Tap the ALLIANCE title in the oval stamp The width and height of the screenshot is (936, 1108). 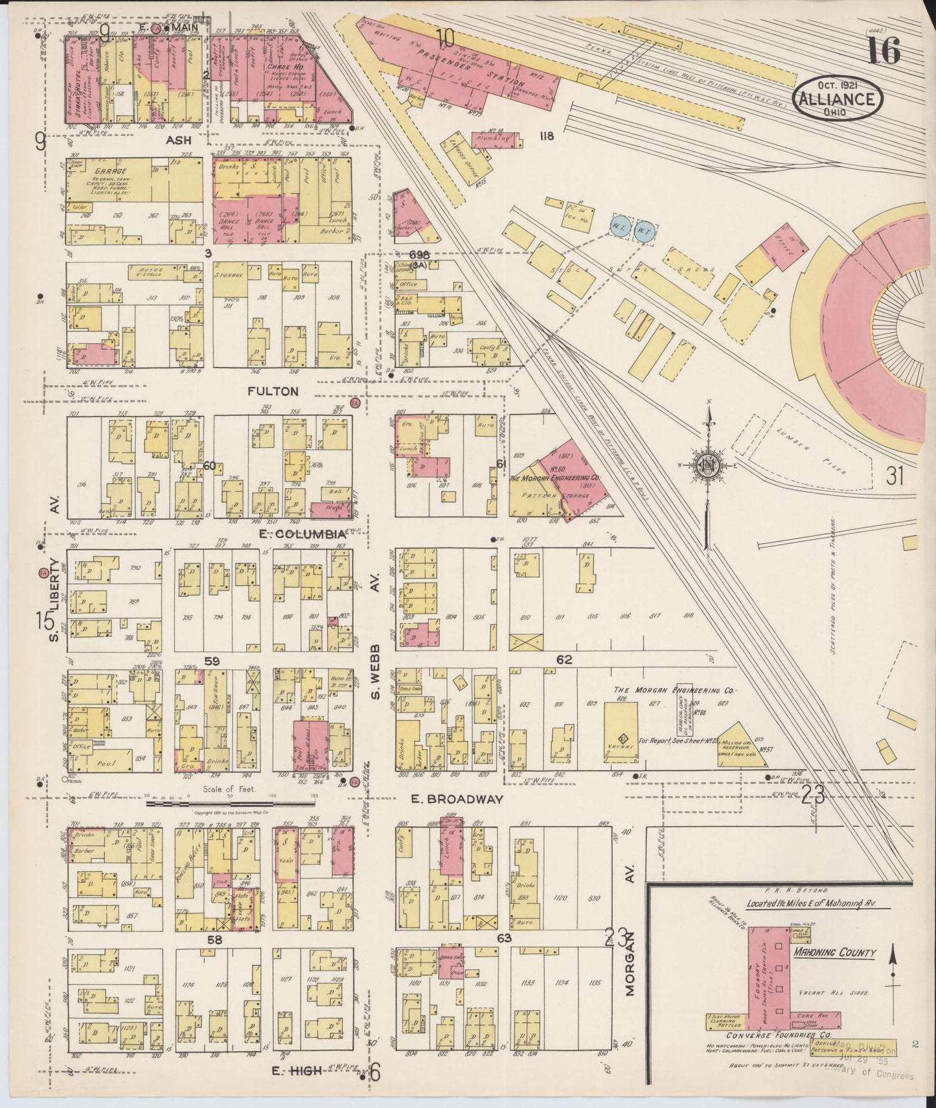click(840, 99)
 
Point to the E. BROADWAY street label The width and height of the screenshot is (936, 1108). click(457, 800)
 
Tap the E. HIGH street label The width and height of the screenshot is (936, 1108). click(296, 1071)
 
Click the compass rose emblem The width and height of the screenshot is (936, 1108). click(707, 465)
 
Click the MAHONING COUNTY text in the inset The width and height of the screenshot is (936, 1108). click(834, 953)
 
